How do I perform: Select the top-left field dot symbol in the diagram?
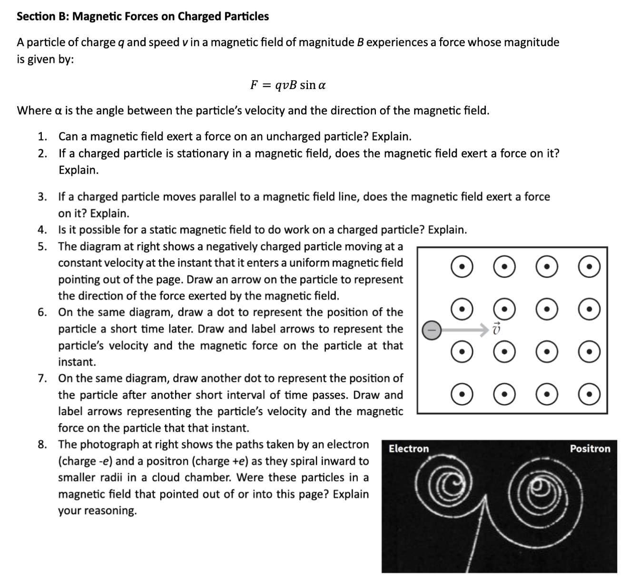click(x=462, y=267)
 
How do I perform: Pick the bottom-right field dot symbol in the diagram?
click(x=589, y=394)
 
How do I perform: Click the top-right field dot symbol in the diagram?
click(x=589, y=267)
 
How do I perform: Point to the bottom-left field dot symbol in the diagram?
click(x=462, y=394)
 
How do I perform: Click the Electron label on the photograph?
click(x=408, y=449)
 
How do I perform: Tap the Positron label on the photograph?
click(x=590, y=449)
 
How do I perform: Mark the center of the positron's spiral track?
click(x=540, y=486)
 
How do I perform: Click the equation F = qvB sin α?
click(x=288, y=85)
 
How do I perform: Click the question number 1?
click(x=42, y=137)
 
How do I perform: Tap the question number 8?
click(x=42, y=444)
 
